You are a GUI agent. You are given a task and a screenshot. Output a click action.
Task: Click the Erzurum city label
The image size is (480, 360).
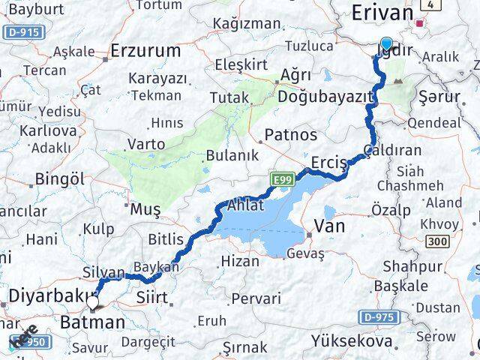tap(145, 51)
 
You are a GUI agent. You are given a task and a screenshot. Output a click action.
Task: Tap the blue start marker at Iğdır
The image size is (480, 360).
tap(386, 44)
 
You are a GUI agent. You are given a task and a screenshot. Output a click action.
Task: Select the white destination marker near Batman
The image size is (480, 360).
tap(93, 302)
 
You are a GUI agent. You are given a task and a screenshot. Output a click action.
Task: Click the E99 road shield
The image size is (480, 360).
tap(282, 178)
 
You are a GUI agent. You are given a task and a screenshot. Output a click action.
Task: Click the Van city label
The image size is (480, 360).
tap(328, 225)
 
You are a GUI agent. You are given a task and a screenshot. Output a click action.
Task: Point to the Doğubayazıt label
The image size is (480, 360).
tap(325, 97)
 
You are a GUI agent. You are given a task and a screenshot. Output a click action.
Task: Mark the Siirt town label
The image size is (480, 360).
tap(152, 298)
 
